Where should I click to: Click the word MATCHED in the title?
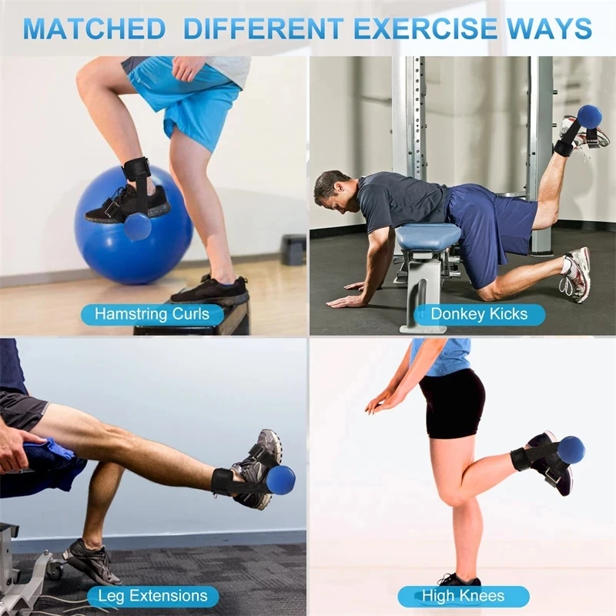94,28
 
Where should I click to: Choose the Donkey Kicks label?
478,313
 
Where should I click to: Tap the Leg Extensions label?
152,596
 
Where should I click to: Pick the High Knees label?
463,596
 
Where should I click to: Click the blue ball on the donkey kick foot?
589,116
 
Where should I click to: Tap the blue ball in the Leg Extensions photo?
279,479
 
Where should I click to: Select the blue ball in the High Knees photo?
571,450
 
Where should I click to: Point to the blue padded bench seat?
428,236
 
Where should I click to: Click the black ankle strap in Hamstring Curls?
136,171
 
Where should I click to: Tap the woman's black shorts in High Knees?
453,400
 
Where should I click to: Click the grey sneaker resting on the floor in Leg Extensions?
91,560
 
